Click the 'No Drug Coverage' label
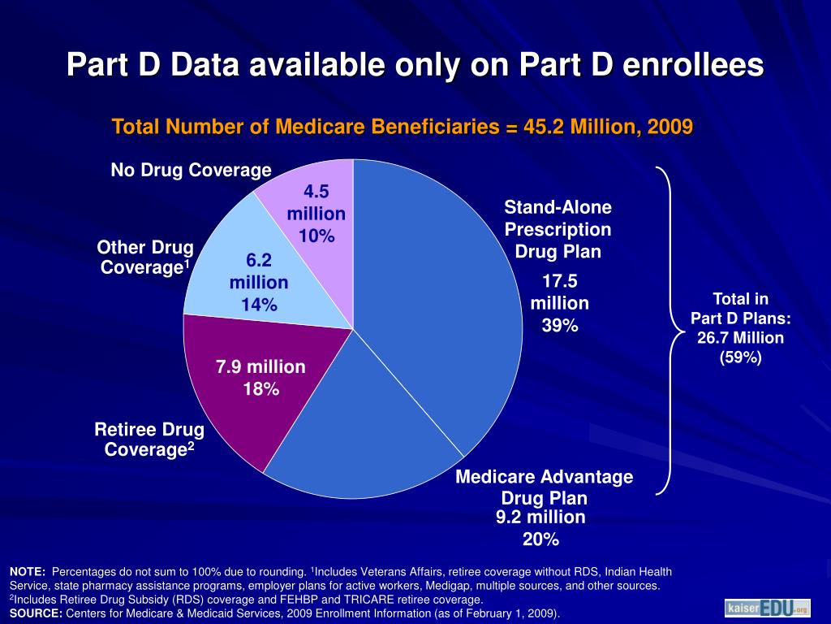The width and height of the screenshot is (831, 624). point(191,170)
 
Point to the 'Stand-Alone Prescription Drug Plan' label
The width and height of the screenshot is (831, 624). point(558,228)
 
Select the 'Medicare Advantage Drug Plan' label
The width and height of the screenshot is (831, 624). point(544,487)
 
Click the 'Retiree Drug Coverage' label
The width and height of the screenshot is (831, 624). point(149,438)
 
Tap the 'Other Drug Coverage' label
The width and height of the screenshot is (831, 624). point(145,257)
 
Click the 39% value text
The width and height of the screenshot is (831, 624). point(560,326)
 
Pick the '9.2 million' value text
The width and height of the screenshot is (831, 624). point(540,517)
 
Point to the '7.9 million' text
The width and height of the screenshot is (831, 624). point(260,367)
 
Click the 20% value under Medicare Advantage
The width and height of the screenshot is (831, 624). point(540,539)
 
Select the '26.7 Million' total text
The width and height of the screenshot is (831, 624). point(740,337)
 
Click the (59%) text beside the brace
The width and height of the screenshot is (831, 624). point(740,357)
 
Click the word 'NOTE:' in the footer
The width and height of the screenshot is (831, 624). point(28,571)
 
